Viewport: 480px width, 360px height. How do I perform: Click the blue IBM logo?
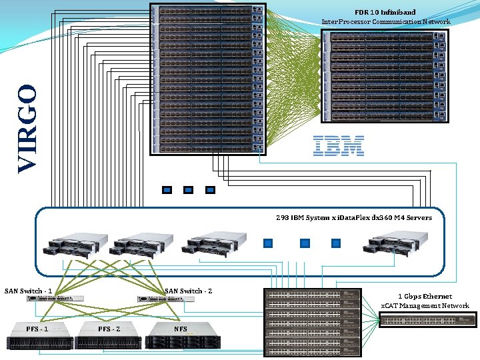[339, 145]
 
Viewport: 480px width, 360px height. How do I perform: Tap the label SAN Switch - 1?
[28, 291]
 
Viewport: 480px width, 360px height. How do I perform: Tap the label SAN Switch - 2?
[188, 291]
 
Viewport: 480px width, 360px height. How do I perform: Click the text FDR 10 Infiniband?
[385, 12]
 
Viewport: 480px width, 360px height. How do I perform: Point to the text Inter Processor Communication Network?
[385, 21]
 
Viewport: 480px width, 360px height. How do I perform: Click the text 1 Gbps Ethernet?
[425, 296]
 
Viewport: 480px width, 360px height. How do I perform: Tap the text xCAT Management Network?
[425, 305]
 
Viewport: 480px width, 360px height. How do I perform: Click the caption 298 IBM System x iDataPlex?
[353, 217]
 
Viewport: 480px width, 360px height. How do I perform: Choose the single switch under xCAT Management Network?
[427, 321]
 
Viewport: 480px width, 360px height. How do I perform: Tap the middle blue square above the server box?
[188, 190]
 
